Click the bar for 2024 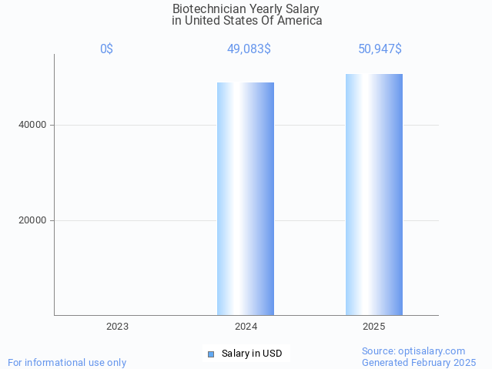pos(246,199)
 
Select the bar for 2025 pos(374,194)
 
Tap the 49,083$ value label pos(249,49)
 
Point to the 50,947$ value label pos(380,49)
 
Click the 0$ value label pos(106,49)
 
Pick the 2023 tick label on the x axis pos(118,327)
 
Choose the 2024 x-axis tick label pos(246,327)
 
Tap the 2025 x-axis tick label pos(374,327)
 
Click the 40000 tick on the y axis pos(33,125)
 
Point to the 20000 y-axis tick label pos(33,220)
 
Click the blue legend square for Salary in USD pos(211,354)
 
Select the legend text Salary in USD pos(252,354)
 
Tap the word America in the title pos(300,21)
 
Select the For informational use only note pos(67,363)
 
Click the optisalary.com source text pos(413,351)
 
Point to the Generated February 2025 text pos(419,363)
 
